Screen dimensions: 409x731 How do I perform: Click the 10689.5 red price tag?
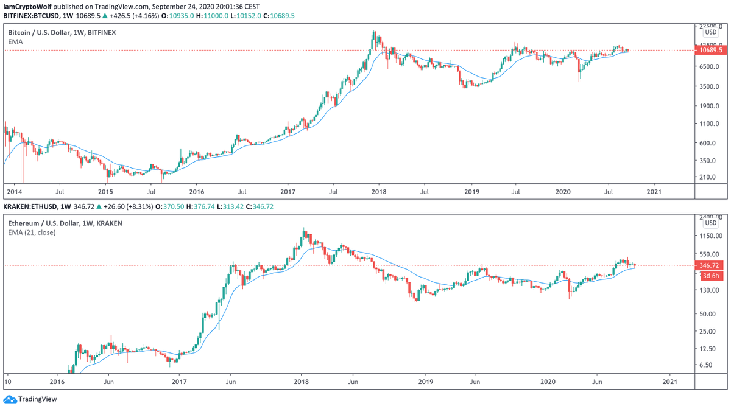point(711,51)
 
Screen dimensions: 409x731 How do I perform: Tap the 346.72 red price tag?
point(710,266)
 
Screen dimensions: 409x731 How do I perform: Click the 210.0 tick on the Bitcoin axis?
point(708,177)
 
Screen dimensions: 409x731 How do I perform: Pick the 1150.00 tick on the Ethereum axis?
point(710,236)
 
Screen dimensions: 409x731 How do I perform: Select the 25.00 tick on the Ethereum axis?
point(708,332)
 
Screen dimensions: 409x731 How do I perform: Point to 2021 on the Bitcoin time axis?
point(654,191)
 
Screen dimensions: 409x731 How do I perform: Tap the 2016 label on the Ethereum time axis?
point(57,382)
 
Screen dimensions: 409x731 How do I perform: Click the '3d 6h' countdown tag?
point(709,276)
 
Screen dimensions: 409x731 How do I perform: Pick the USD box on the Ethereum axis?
point(710,223)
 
